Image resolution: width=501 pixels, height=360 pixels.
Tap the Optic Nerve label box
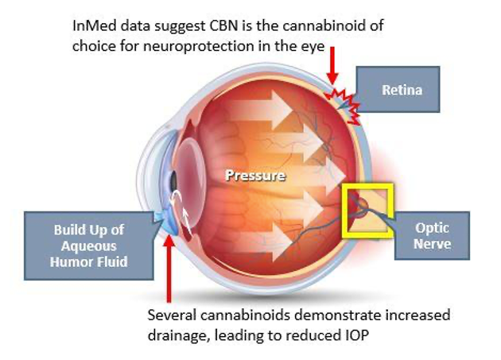[433, 235]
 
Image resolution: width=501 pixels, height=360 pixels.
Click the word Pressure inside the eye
[254, 175]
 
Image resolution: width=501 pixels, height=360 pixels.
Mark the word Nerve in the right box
[433, 244]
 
